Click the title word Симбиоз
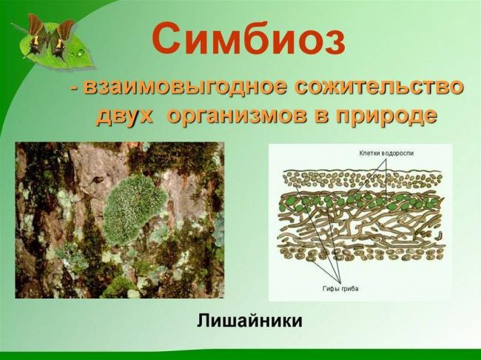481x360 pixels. click(x=249, y=38)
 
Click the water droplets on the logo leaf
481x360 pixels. click(x=78, y=53)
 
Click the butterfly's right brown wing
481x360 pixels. click(x=63, y=31)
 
